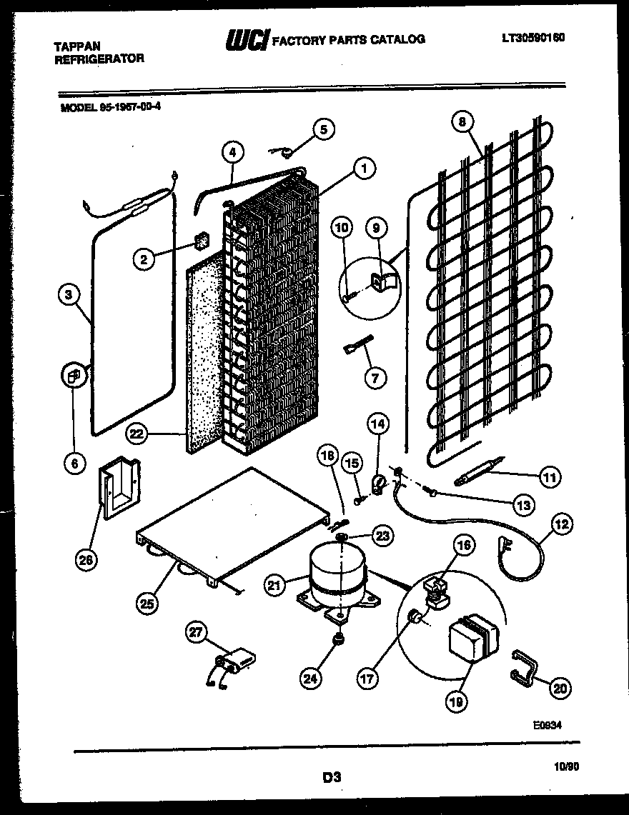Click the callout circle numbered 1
click(364, 169)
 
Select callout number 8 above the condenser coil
click(462, 121)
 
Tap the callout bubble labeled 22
click(138, 433)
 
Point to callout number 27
click(195, 631)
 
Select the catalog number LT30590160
click(533, 38)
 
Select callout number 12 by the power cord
click(561, 525)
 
